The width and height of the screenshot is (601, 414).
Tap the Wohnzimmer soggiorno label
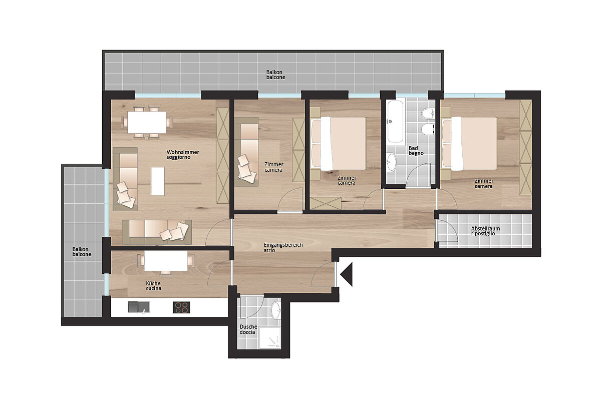pos(183,155)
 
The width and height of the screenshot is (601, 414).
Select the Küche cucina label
pos(153,286)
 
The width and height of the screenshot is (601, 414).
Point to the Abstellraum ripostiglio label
pos(486,231)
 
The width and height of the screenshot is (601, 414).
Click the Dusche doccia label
pos(248,329)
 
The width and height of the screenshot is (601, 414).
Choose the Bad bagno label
pos(416,150)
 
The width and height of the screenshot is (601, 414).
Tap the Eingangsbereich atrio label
pos(283,247)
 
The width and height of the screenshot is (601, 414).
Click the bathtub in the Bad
pos(396,122)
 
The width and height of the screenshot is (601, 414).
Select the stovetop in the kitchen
pos(181,307)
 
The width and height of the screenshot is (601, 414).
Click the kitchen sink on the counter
pos(139,307)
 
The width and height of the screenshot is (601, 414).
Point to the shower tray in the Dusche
pos(270,338)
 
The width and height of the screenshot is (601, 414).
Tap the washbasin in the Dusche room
pos(276,310)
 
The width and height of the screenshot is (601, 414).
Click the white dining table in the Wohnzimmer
pos(147,122)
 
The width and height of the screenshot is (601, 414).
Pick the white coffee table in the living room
pos(158,181)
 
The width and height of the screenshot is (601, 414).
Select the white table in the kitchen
pos(166,261)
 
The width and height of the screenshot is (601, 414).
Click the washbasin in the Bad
pos(392,162)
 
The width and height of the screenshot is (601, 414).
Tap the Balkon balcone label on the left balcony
pos(82,252)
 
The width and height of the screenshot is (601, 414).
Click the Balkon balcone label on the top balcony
pos(275,75)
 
